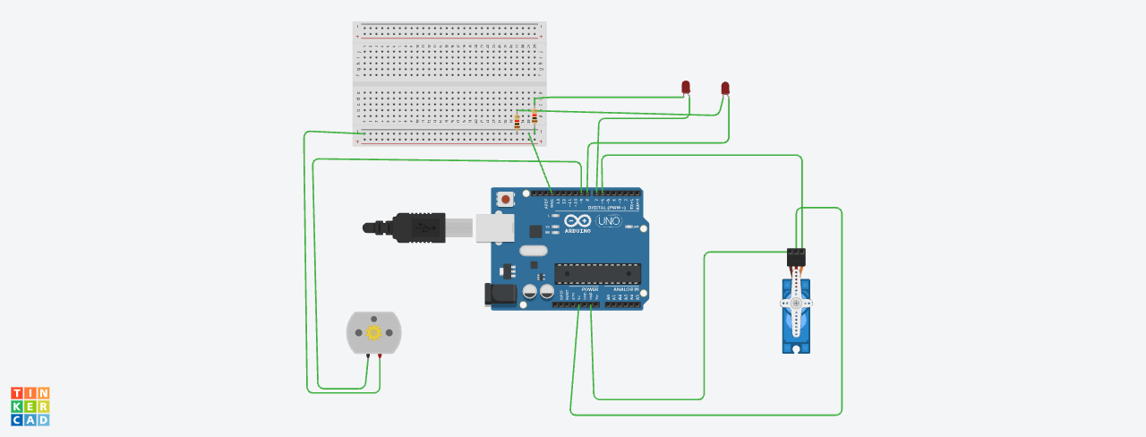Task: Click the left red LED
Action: (x=686, y=87)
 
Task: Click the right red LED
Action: (x=725, y=88)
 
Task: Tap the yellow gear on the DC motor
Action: (x=373, y=332)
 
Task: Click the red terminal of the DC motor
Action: (x=381, y=356)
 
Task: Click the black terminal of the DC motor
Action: (x=368, y=356)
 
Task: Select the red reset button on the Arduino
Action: (x=506, y=199)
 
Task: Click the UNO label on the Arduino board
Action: (x=609, y=221)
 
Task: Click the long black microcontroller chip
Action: (x=597, y=273)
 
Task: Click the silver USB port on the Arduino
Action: (x=495, y=228)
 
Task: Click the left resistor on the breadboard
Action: (x=517, y=123)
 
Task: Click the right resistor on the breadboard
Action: (x=535, y=116)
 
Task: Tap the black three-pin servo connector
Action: (x=796, y=257)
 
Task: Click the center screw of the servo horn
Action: (x=796, y=304)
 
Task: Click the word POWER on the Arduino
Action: (x=590, y=289)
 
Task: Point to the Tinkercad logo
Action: (x=30, y=407)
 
